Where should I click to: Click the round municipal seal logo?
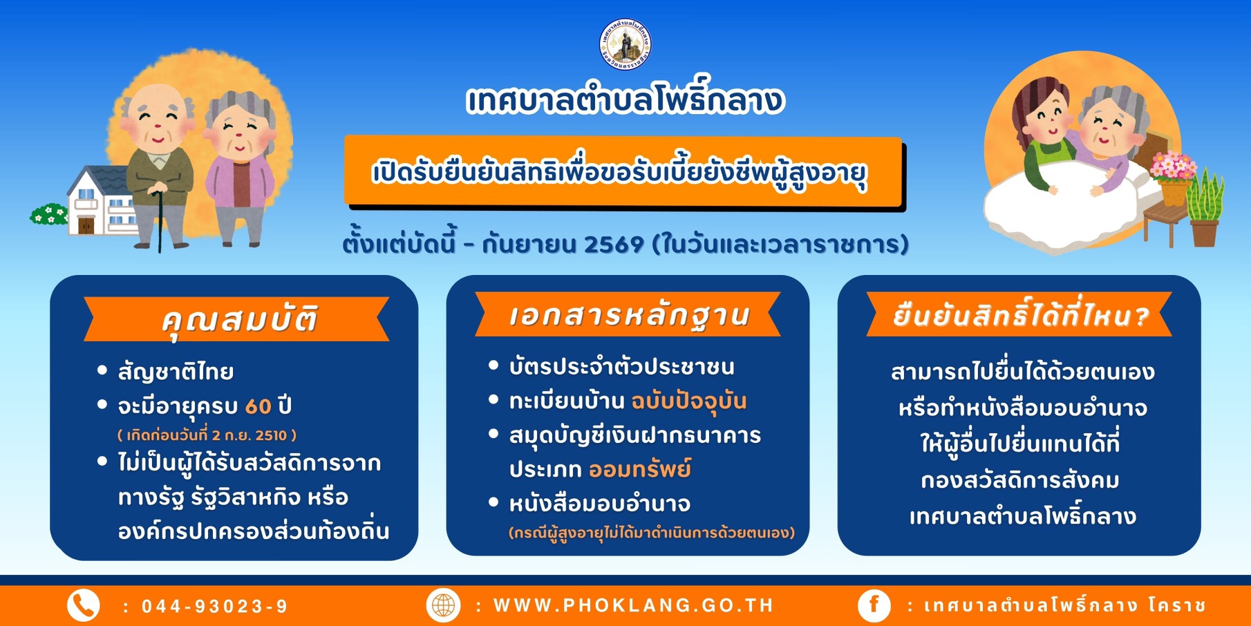click(x=625, y=44)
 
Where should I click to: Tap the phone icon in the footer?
click(x=84, y=606)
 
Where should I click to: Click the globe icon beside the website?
click(x=443, y=605)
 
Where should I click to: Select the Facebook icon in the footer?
click(x=874, y=605)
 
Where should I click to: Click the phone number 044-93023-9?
click(x=214, y=607)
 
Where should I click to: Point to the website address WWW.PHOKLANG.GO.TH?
click(x=634, y=605)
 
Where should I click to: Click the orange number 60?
click(x=258, y=406)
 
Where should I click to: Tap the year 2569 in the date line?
click(x=614, y=245)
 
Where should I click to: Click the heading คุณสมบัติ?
click(x=239, y=320)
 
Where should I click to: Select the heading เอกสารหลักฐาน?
click(x=629, y=315)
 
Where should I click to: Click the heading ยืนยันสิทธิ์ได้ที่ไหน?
click(x=1020, y=315)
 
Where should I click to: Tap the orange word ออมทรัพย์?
click(x=640, y=469)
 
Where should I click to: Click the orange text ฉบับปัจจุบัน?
click(x=689, y=401)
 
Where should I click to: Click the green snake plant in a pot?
click(x=1205, y=207)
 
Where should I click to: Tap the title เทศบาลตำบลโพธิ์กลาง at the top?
click(x=625, y=101)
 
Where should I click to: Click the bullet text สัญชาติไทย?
click(x=176, y=372)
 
